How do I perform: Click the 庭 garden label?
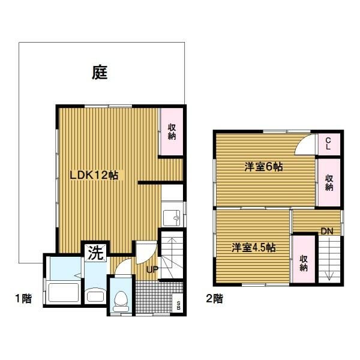(x=100, y=73)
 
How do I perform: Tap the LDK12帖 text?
(x=94, y=175)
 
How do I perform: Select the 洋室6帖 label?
(x=263, y=167)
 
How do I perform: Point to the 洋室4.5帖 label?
(x=253, y=248)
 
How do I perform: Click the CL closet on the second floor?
(x=328, y=144)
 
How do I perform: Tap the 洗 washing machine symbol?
(x=95, y=253)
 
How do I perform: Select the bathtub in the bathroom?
(x=64, y=292)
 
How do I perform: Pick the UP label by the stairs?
(x=152, y=269)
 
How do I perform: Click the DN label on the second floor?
(x=327, y=231)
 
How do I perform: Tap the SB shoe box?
(x=178, y=303)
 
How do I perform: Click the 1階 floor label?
(x=23, y=298)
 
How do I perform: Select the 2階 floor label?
(x=215, y=298)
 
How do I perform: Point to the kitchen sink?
(x=172, y=217)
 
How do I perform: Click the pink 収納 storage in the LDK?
(x=172, y=132)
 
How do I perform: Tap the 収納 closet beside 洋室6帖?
(x=329, y=182)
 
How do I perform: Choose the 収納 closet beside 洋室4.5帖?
(x=304, y=259)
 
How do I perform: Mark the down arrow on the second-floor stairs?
(x=329, y=259)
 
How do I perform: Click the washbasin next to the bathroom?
(x=95, y=295)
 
